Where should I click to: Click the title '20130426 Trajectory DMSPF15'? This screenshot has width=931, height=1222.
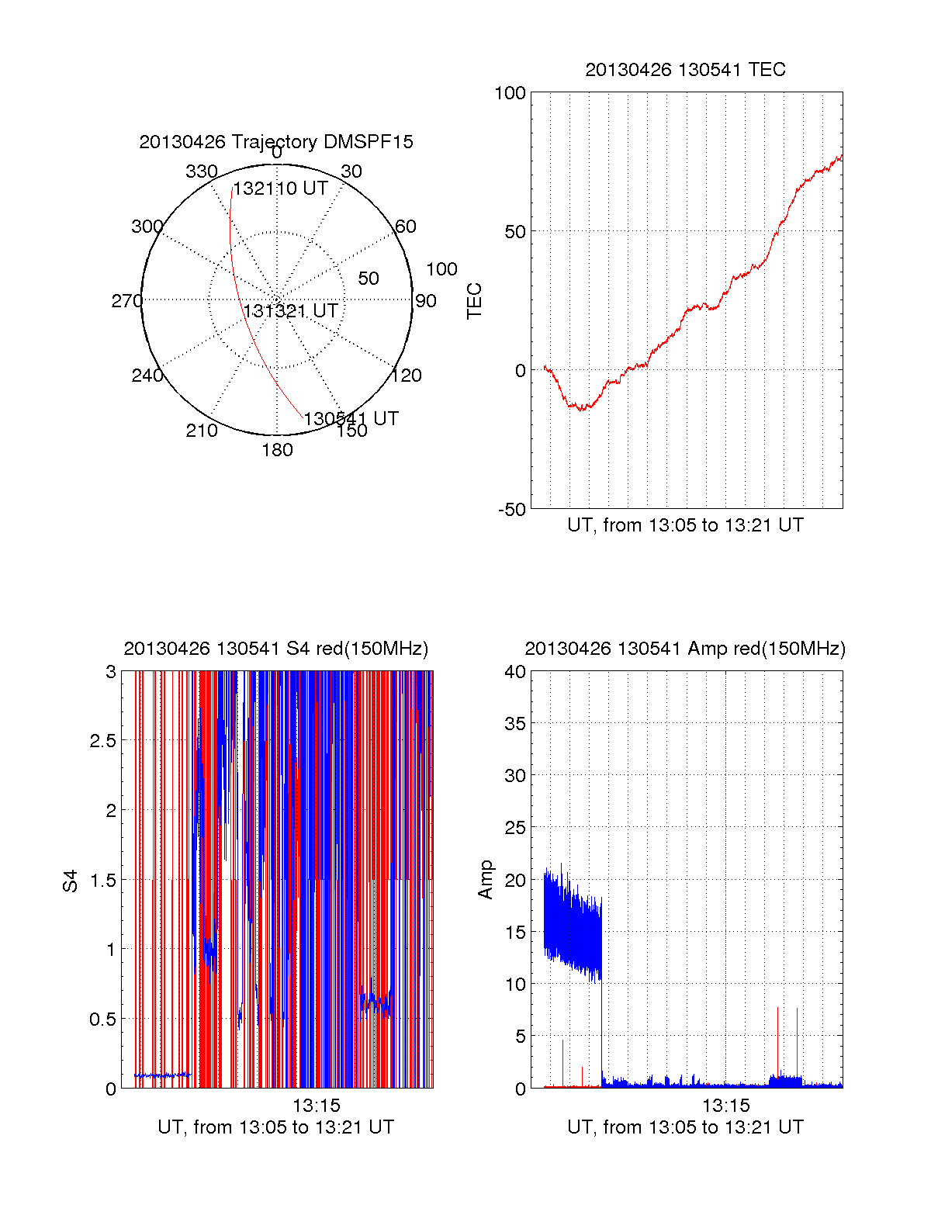tap(276, 142)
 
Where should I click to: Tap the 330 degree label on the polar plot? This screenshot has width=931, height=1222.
tap(201, 171)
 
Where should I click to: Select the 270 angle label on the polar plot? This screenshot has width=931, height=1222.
tap(126, 301)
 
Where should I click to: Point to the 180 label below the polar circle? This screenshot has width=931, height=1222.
tap(277, 450)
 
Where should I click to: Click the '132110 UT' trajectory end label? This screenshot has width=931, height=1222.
tap(281, 189)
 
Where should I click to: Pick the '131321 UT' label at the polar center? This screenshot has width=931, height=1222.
tap(291, 311)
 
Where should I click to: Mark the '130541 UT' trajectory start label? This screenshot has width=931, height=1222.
tap(351, 419)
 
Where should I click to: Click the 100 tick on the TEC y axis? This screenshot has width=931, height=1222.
tap(510, 93)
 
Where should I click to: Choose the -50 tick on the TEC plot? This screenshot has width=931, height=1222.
tap(511, 510)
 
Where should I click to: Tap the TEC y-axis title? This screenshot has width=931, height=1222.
tap(474, 301)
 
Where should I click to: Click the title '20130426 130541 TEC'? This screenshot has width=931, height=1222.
tap(685, 70)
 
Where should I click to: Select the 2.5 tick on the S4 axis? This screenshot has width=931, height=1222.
tap(102, 741)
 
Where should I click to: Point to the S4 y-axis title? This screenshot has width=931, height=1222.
tap(71, 881)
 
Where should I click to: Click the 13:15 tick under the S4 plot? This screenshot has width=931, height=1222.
tap(316, 1105)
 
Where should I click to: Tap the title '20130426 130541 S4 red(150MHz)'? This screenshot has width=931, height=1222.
tap(275, 649)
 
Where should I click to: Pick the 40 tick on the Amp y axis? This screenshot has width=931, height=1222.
tap(515, 672)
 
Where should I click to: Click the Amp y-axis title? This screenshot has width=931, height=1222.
tap(486, 880)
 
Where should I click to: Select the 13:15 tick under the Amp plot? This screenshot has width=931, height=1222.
tap(726, 1105)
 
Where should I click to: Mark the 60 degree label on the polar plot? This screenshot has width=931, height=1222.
tap(406, 227)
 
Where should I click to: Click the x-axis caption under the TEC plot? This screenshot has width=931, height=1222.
tap(685, 525)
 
